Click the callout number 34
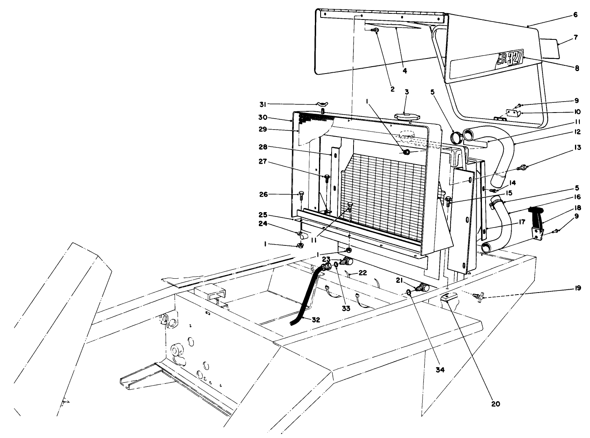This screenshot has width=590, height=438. point(440,370)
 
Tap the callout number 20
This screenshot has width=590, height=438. point(495,403)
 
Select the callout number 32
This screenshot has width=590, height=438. point(316,320)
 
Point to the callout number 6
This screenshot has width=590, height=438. point(575,15)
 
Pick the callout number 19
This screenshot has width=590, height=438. point(577,289)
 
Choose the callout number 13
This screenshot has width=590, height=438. point(577,147)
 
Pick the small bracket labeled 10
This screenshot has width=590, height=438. point(513,113)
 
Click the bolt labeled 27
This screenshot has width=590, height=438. point(327,177)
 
